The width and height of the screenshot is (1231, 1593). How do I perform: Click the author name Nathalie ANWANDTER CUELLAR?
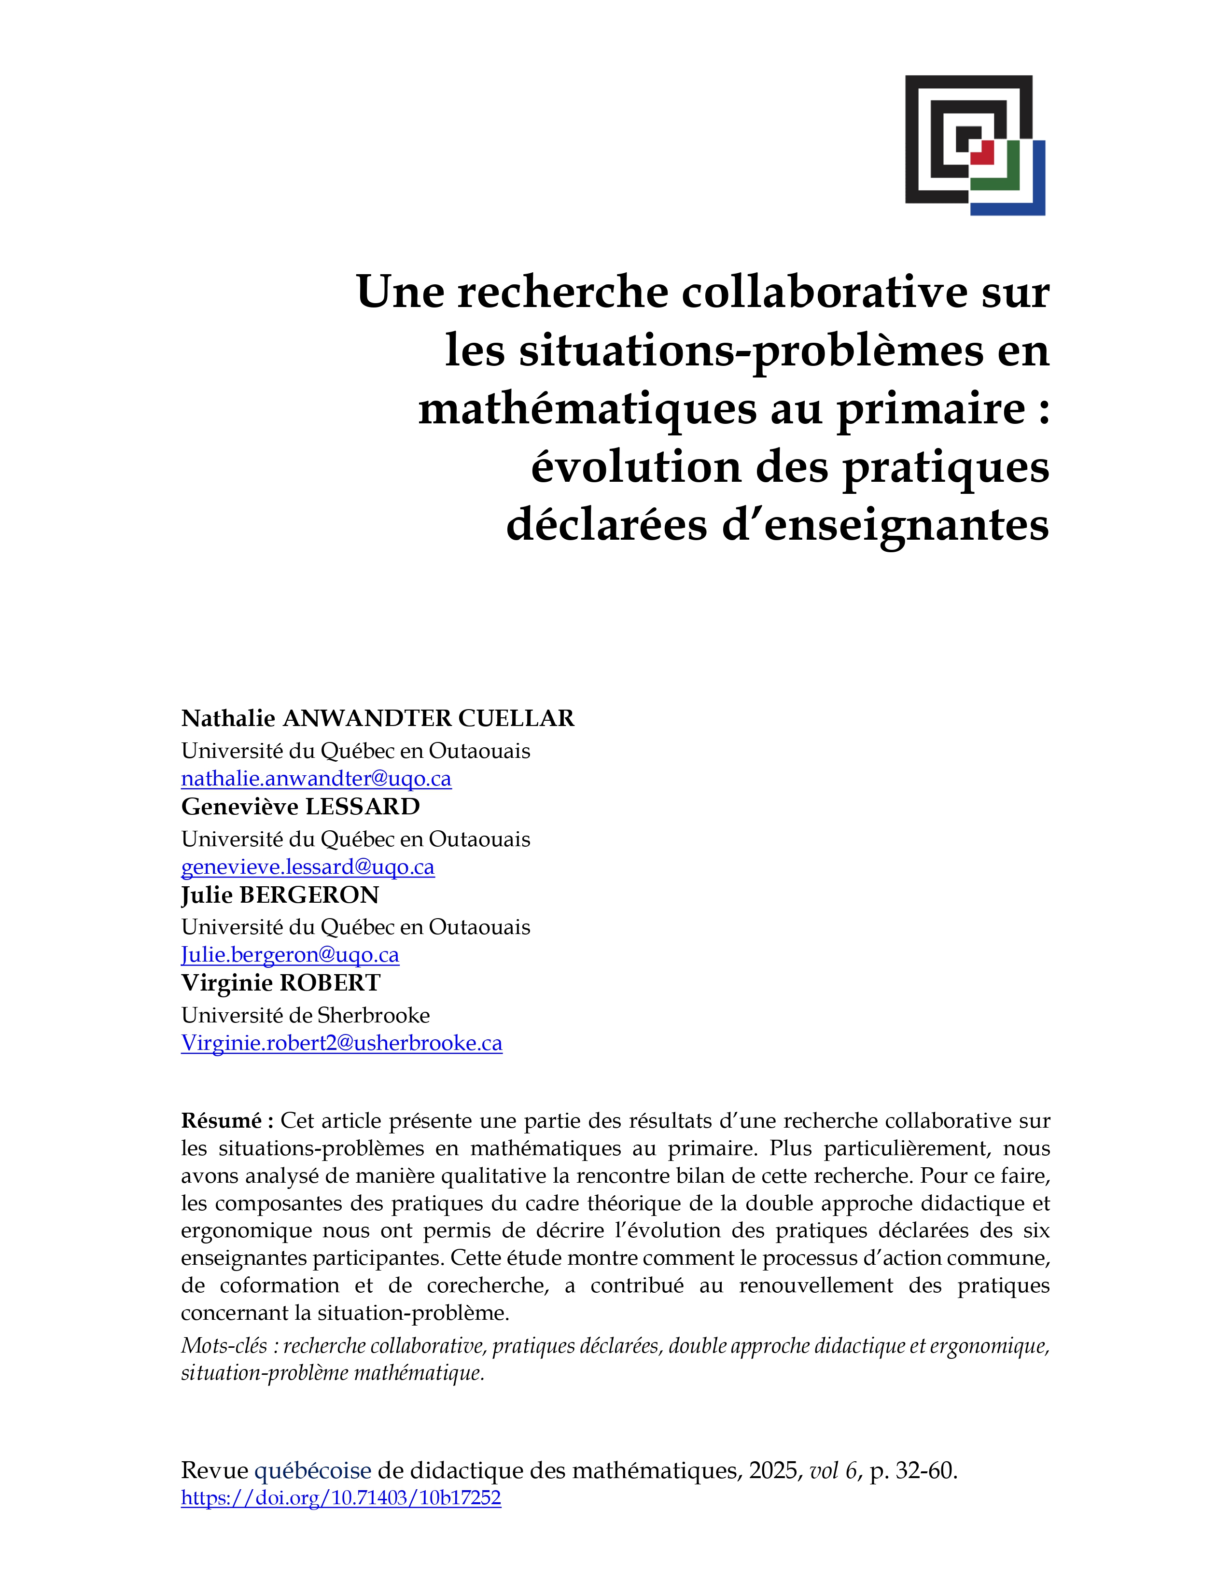pyautogui.click(x=377, y=718)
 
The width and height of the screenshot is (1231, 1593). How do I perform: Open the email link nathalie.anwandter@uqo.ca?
pyautogui.click(x=316, y=779)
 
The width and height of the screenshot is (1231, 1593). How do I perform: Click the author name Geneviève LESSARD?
pyautogui.click(x=300, y=807)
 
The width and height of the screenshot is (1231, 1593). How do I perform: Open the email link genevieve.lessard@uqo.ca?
pyautogui.click(x=308, y=867)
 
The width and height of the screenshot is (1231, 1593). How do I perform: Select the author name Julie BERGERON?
pyautogui.click(x=280, y=895)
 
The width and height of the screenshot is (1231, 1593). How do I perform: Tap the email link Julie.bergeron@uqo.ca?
pyautogui.click(x=290, y=955)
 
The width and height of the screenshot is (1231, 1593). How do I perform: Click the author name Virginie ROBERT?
pyautogui.click(x=281, y=983)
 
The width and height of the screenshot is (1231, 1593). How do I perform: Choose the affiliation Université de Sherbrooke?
pyautogui.click(x=306, y=1015)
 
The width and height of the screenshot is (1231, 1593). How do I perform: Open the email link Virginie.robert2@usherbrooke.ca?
pyautogui.click(x=341, y=1044)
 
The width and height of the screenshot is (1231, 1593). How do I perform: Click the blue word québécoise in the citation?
pyautogui.click(x=312, y=1470)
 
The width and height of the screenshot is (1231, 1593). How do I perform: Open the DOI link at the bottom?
pyautogui.click(x=340, y=1498)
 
